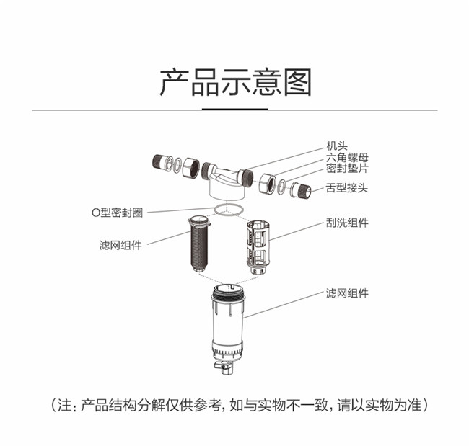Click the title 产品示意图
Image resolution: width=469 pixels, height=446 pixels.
[235, 82]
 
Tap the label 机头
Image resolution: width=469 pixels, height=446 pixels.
[337, 146]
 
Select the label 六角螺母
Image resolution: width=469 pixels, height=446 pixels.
[347, 157]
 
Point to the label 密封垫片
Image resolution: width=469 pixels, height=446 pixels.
[347, 169]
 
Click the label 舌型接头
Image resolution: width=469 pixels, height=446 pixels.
[347, 188]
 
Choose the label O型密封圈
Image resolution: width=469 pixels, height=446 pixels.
[117, 213]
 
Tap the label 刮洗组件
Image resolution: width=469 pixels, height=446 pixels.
[347, 223]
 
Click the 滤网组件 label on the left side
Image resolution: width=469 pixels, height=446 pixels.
[120, 245]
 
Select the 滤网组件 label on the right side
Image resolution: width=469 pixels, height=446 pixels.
[347, 293]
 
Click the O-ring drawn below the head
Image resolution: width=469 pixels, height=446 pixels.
[215, 210]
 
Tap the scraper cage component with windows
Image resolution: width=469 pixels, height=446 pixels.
[258, 246]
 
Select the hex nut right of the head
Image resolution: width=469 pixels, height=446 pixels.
[267, 184]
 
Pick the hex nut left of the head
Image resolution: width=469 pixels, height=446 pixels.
[190, 167]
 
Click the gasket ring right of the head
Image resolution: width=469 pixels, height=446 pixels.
[281, 187]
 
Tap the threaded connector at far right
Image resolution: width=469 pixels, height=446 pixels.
[301, 190]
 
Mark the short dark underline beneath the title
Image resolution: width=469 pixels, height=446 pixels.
[234, 109]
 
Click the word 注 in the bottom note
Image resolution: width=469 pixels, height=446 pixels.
[64, 406]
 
